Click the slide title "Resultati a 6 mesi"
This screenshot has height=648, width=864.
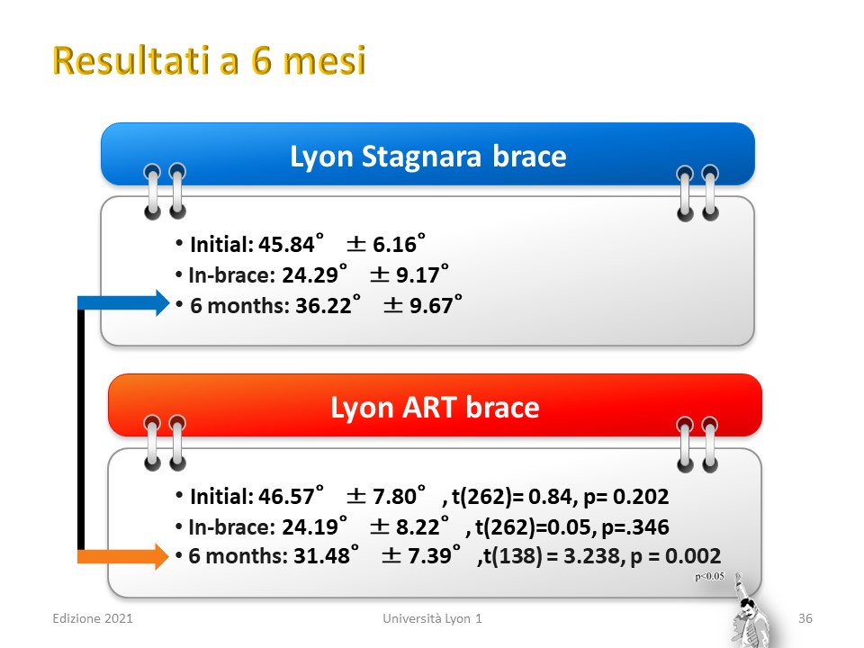click(209, 59)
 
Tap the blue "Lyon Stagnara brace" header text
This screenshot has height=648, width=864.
click(428, 156)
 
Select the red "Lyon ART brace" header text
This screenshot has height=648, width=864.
click(435, 407)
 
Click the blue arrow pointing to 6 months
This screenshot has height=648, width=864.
click(123, 302)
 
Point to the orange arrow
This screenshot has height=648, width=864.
click(123, 556)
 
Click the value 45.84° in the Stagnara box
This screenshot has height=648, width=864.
click(291, 244)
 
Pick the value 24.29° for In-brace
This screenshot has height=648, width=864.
click(315, 274)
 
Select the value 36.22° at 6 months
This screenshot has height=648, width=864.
click(328, 305)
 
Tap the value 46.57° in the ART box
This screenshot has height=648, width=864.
click(291, 496)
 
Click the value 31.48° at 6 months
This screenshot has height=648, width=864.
click(326, 555)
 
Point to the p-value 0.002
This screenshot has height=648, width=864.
click(693, 555)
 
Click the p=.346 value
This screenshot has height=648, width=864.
click(635, 526)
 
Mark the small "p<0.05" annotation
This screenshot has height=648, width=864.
click(710, 576)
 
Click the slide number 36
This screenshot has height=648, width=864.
click(805, 618)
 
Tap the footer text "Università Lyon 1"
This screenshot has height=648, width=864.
click(433, 618)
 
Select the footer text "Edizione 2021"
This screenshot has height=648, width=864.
click(93, 618)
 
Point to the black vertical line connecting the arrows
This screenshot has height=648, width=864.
click(81, 429)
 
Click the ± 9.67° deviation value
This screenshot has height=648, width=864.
click(423, 305)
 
